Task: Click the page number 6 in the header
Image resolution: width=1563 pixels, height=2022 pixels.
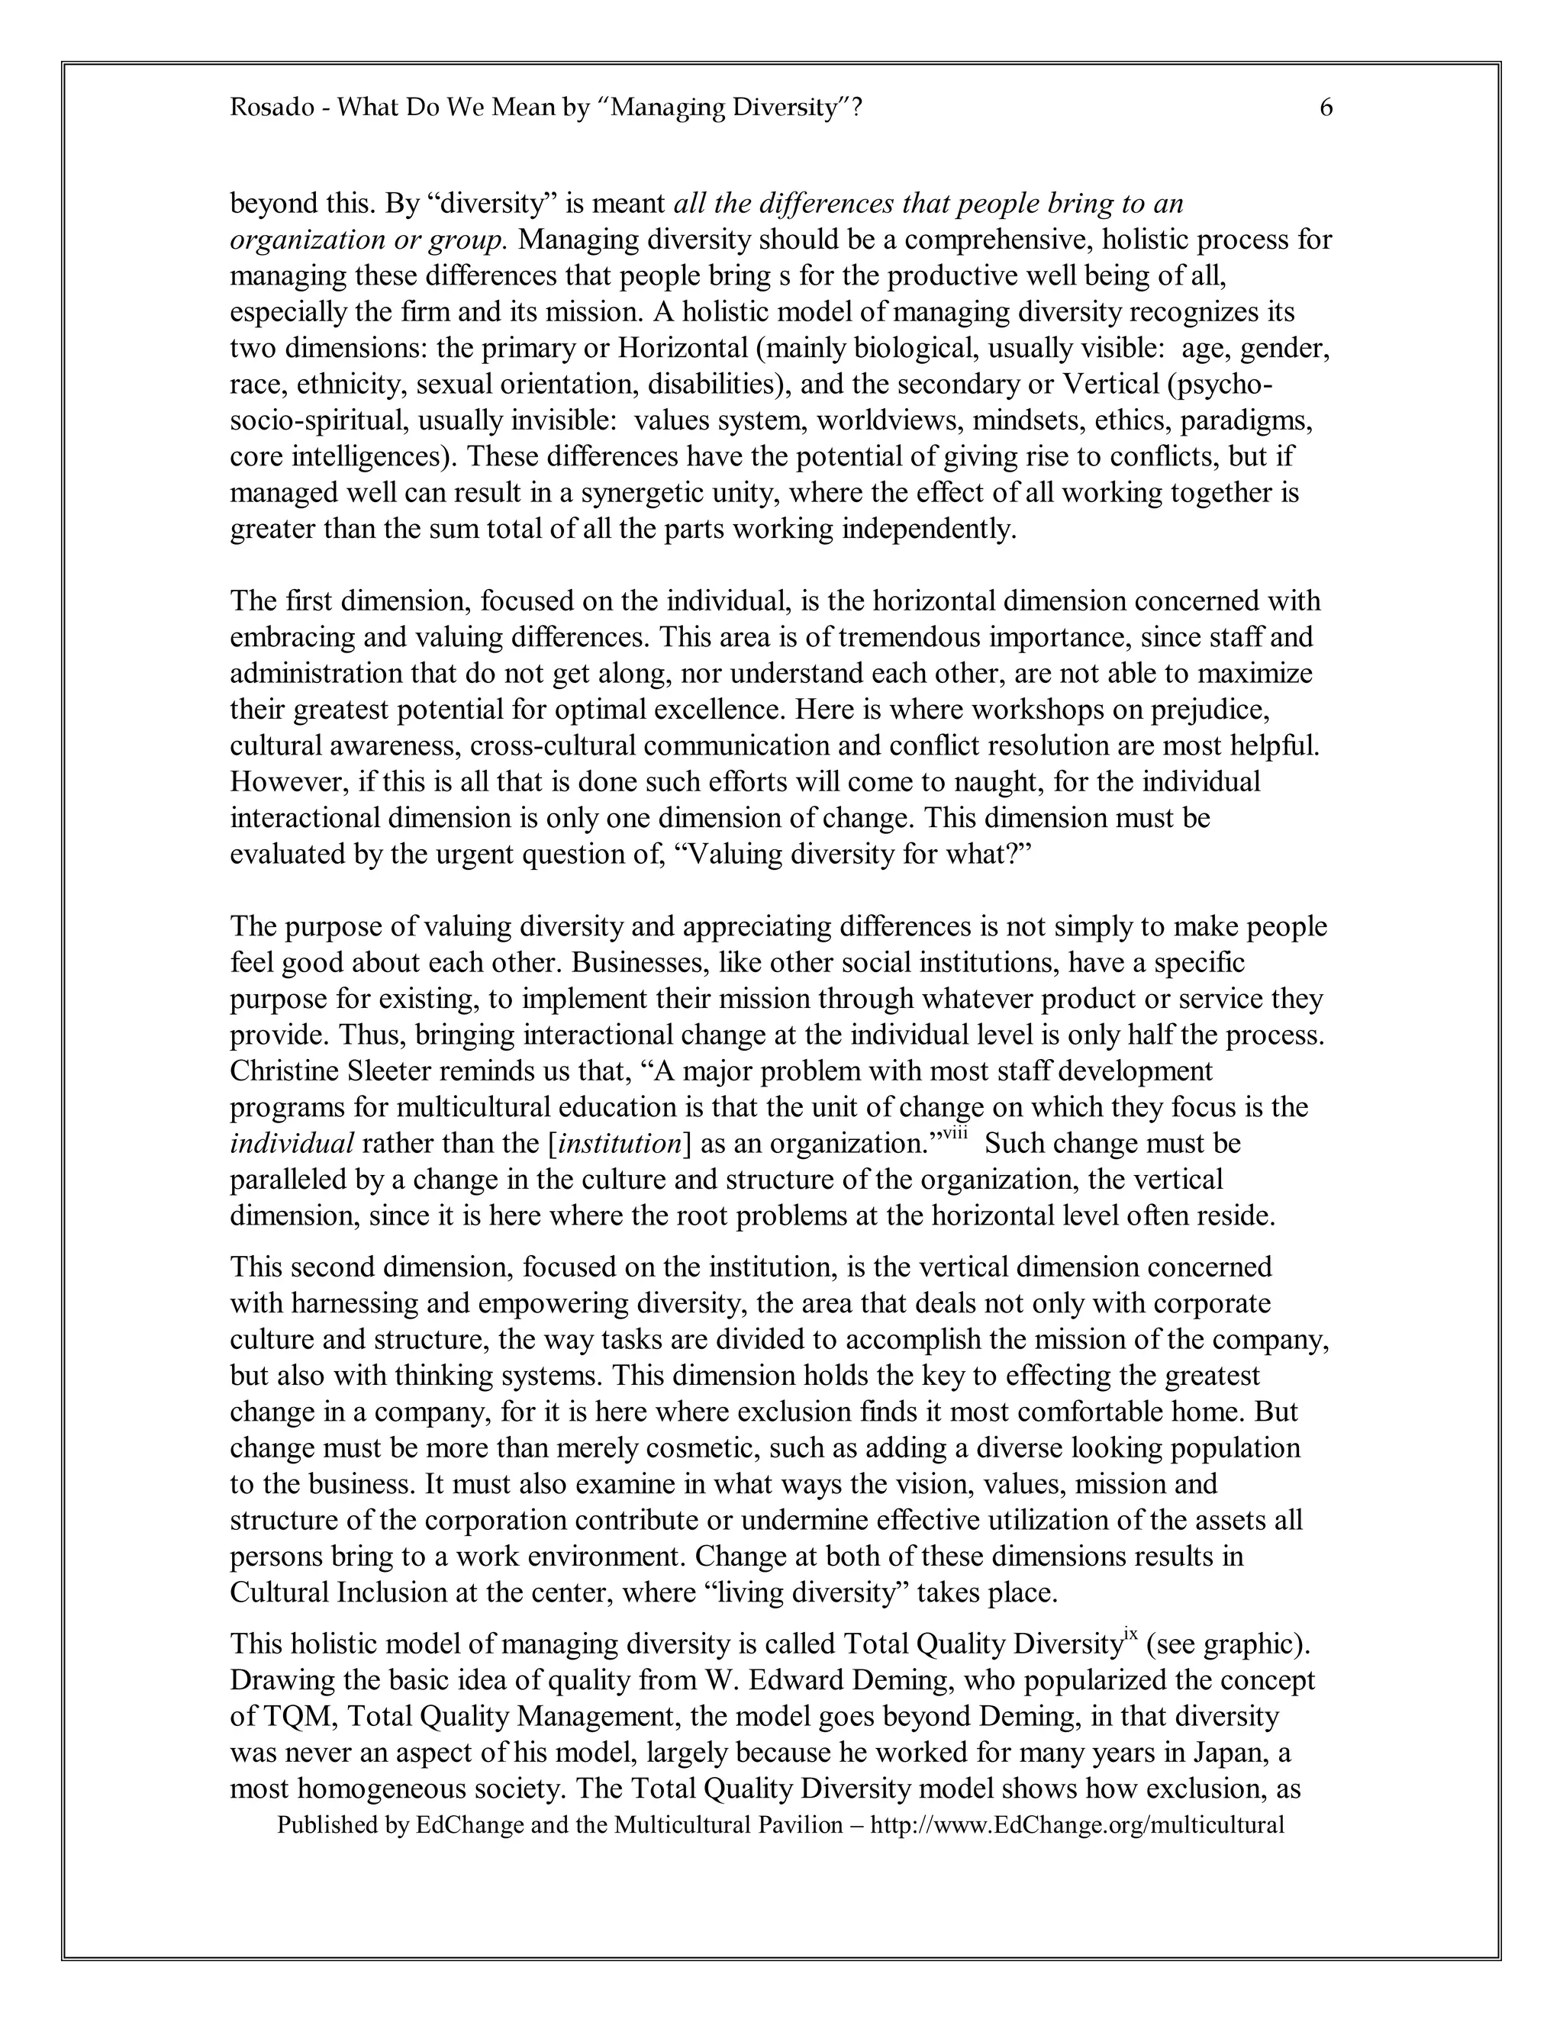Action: click(x=1326, y=108)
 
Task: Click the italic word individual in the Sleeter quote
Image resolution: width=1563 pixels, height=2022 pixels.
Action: click(x=292, y=1145)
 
